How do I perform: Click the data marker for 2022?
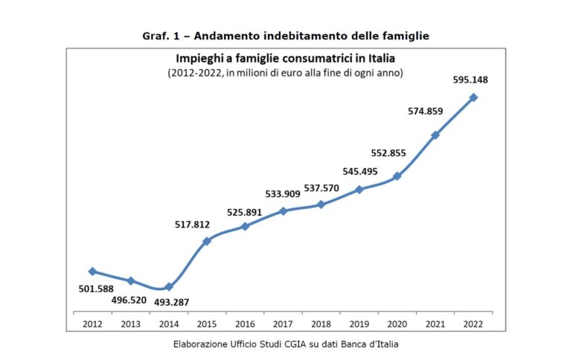point(473,97)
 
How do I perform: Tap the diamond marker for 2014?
point(169,286)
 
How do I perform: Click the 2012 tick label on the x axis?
point(93,324)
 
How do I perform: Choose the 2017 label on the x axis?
point(284,324)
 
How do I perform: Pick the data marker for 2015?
point(207,241)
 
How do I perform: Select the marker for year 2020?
point(397,176)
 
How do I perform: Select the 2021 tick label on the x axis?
point(435,324)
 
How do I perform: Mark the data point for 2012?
point(92,271)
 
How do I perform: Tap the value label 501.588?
point(96,289)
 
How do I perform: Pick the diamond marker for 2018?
point(321,205)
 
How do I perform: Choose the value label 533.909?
point(283,194)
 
